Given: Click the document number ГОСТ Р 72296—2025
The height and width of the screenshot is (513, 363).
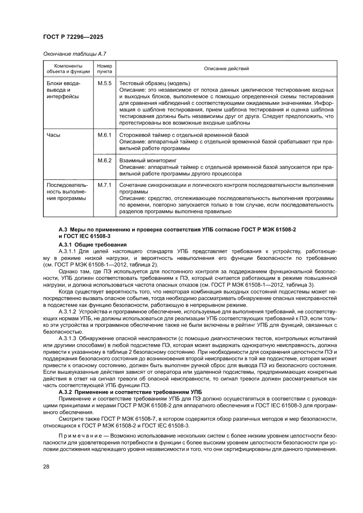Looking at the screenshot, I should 73,37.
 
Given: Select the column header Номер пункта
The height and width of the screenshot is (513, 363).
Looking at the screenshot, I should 104,68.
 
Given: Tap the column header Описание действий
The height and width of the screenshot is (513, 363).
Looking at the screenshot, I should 226,69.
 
